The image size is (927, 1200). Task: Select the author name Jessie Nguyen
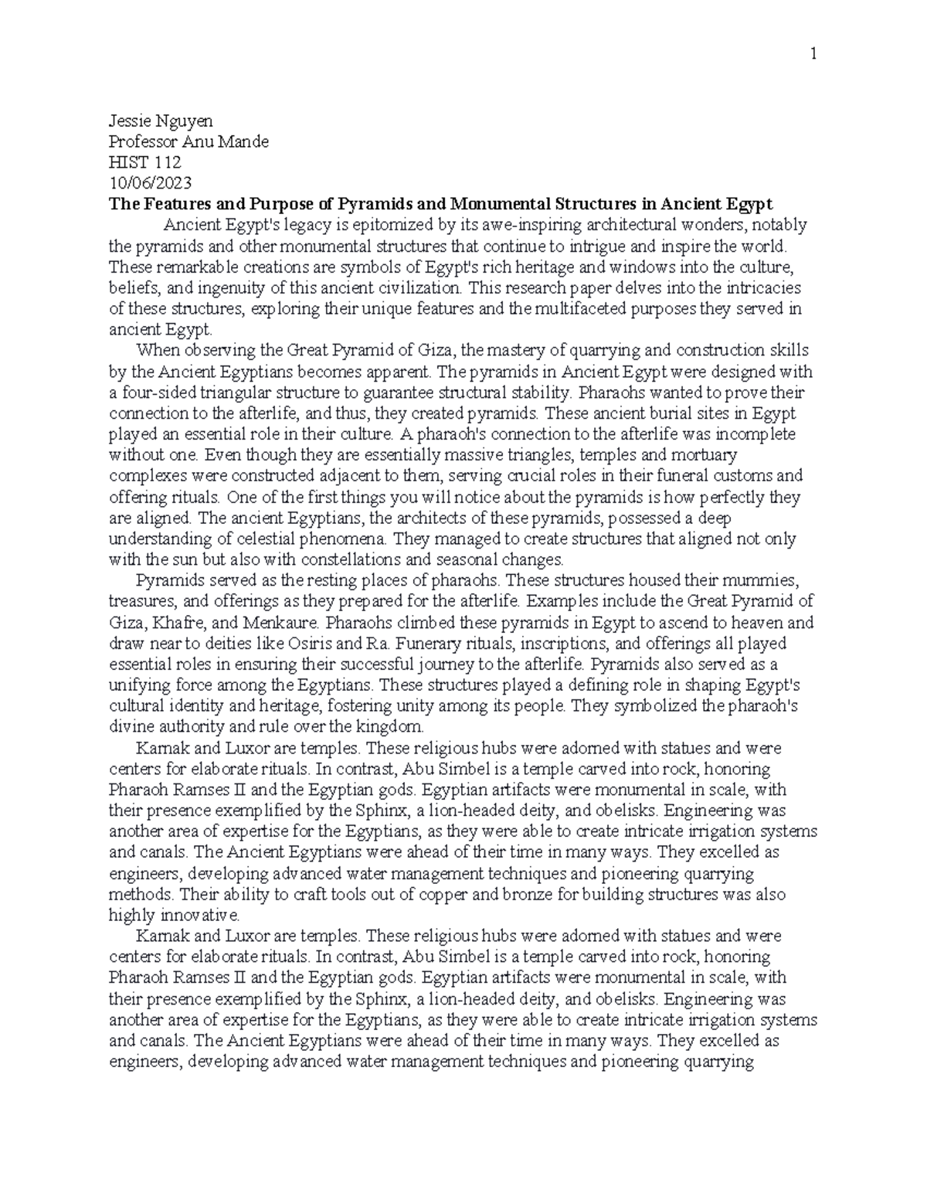pos(161,121)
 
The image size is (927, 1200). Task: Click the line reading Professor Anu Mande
pos(188,141)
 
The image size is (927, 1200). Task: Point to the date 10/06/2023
pos(150,183)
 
